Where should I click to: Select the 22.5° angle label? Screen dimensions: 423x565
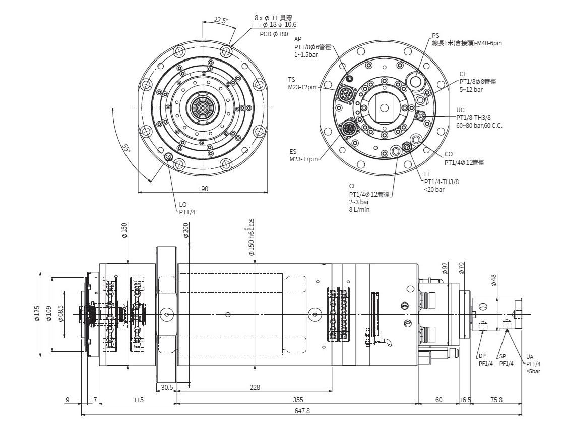(220, 20)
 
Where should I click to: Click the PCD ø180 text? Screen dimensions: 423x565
(274, 34)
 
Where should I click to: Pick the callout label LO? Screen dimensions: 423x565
(183, 205)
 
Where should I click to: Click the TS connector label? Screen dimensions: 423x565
(292, 80)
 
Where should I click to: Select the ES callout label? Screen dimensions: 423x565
(293, 151)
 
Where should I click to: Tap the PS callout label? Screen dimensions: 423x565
(435, 36)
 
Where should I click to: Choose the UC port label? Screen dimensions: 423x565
(460, 110)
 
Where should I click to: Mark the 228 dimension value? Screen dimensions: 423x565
(255, 387)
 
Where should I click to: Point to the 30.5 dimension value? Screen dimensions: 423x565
(168, 387)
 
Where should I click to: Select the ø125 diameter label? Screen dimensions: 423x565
(37, 315)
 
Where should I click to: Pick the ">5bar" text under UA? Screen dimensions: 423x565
(533, 371)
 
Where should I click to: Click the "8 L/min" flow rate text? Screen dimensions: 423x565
(359, 209)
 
